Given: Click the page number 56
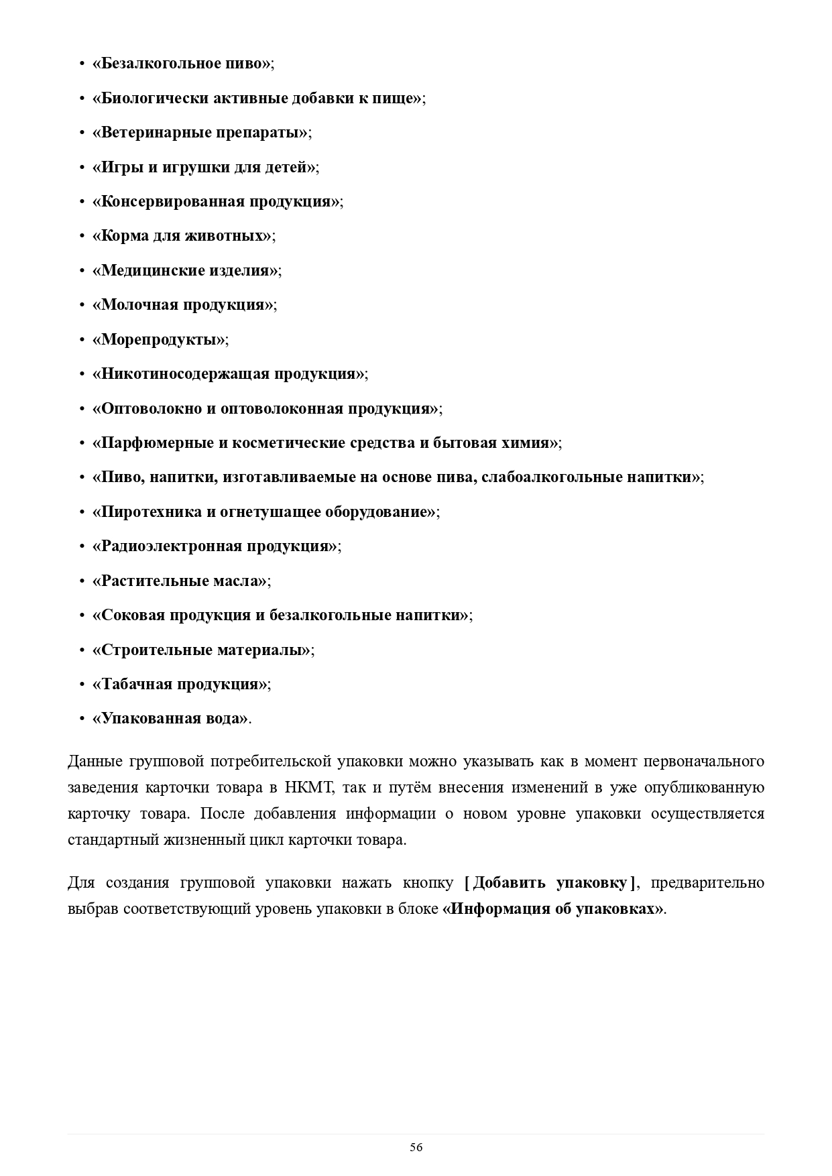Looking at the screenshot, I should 416,1147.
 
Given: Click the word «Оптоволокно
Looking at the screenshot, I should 152,408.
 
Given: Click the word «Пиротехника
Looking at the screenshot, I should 146,512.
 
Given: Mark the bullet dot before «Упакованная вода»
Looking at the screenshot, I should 81,719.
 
